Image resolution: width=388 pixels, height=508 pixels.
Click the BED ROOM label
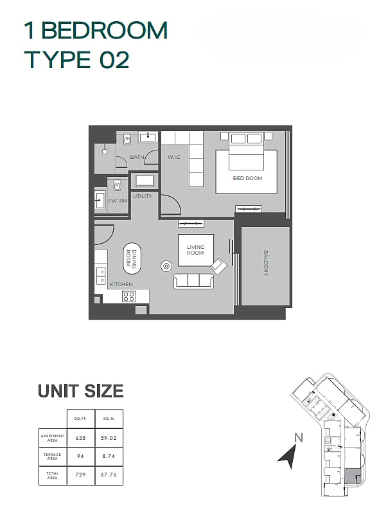coord(247,178)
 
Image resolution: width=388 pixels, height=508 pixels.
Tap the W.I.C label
coord(174,157)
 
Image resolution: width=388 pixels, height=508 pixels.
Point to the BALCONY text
coord(266,263)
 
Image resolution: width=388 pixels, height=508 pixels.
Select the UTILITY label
coord(143,196)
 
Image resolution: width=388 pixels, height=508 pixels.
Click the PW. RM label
coord(118,201)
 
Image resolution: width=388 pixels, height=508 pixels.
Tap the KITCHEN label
coord(121,284)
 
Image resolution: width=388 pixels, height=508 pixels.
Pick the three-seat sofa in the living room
coord(194,281)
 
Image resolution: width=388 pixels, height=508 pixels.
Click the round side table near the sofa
coord(166,266)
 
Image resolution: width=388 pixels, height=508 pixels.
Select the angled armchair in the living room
coord(219,266)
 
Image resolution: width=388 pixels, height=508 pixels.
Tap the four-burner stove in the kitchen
coord(128,296)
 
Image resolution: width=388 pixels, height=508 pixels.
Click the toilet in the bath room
coord(127,140)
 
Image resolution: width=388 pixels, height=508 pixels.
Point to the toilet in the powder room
coord(117,185)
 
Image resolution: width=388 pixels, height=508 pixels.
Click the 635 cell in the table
coord(80,438)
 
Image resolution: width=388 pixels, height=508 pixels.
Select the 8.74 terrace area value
coord(109,456)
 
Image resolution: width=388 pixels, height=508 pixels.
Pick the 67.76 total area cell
coord(109,475)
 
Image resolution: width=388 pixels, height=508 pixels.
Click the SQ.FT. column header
coord(80,419)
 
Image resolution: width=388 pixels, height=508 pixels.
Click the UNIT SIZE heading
coord(81,391)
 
